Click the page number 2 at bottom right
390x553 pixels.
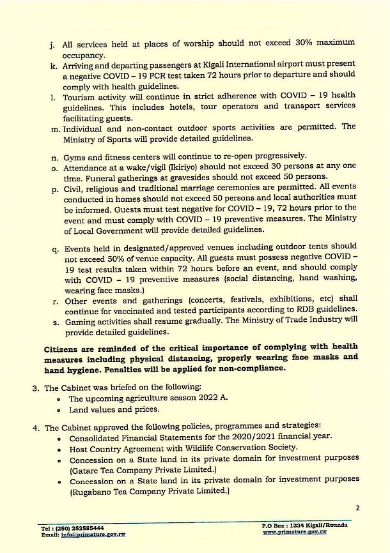[357, 508]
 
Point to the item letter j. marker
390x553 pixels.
[52, 46]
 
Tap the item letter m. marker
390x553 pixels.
[52, 126]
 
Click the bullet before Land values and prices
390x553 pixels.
[59, 410]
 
